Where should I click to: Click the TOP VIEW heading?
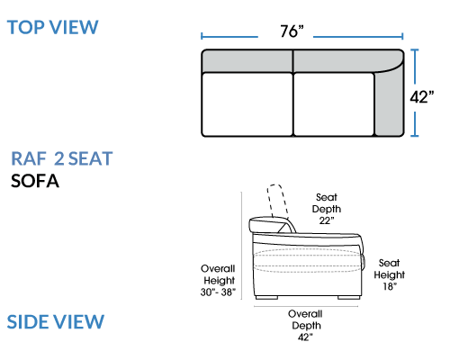pos(53,27)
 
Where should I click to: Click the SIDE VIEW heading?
pos(56,322)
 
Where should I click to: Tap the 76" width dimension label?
pos(292,31)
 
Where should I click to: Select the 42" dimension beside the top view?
pos(422,97)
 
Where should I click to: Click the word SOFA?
pos(35,181)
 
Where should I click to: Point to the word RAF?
pos(29,158)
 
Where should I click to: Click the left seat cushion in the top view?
pos(247,104)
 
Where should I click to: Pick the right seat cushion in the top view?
pos(334,104)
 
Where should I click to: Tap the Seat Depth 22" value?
pos(327,220)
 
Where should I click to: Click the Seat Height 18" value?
pos(390,286)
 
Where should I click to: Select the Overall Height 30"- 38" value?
pos(218,292)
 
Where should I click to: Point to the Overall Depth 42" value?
pos(305,337)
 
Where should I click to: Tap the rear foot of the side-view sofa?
pos(266,298)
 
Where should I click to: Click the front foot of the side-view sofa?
pos(349,298)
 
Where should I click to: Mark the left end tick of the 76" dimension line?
pos(202,36)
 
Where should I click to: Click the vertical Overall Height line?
pos(241,246)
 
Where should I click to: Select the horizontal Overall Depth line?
pos(306,307)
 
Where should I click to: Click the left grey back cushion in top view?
pos(247,61)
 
